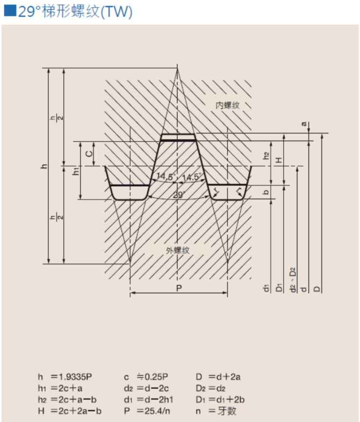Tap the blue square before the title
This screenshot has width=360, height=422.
tap(10, 11)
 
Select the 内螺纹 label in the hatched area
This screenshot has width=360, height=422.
tap(228, 105)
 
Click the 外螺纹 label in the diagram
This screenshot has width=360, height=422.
tap(178, 250)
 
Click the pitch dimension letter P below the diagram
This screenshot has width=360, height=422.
tap(179, 288)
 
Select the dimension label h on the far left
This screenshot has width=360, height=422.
tap(44, 166)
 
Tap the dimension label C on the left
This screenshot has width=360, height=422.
tap(88, 154)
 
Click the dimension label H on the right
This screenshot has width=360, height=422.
tap(278, 160)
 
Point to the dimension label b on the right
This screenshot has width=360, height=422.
tap(266, 193)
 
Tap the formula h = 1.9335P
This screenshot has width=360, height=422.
tap(65, 377)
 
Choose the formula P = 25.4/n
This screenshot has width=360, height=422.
tap(147, 411)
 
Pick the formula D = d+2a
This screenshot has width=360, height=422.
tap(218, 377)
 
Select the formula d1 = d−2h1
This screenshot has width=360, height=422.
tap(148, 400)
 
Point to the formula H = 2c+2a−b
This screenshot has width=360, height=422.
tap(70, 411)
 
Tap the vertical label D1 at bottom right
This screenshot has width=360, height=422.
tap(279, 287)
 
